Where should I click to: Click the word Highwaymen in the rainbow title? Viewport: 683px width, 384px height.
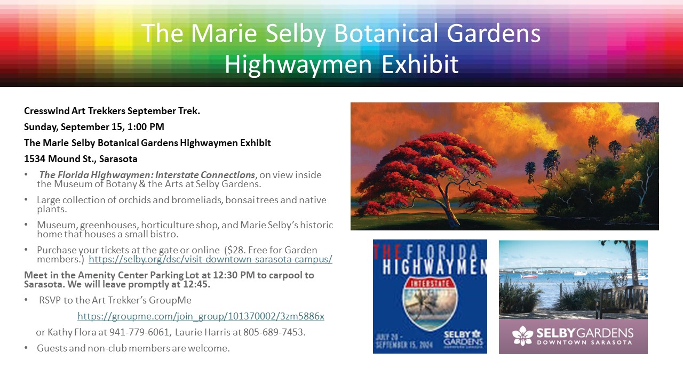[x=298, y=65]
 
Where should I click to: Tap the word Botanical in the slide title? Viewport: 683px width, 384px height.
[x=386, y=33]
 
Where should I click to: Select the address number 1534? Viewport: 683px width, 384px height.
[x=35, y=159]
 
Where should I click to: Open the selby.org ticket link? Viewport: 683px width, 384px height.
[x=210, y=259]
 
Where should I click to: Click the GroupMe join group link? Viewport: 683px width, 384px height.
[x=201, y=316]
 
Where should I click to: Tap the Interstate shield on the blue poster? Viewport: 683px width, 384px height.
[x=430, y=304]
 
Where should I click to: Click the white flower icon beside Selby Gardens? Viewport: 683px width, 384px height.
[x=522, y=336]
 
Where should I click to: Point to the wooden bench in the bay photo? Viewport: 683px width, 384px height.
[x=622, y=301]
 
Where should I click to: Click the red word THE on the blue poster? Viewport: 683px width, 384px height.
[x=386, y=252]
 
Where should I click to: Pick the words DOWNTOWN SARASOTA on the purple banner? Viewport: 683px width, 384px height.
[x=584, y=342]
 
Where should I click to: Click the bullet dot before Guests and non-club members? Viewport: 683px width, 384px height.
[x=26, y=348]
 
